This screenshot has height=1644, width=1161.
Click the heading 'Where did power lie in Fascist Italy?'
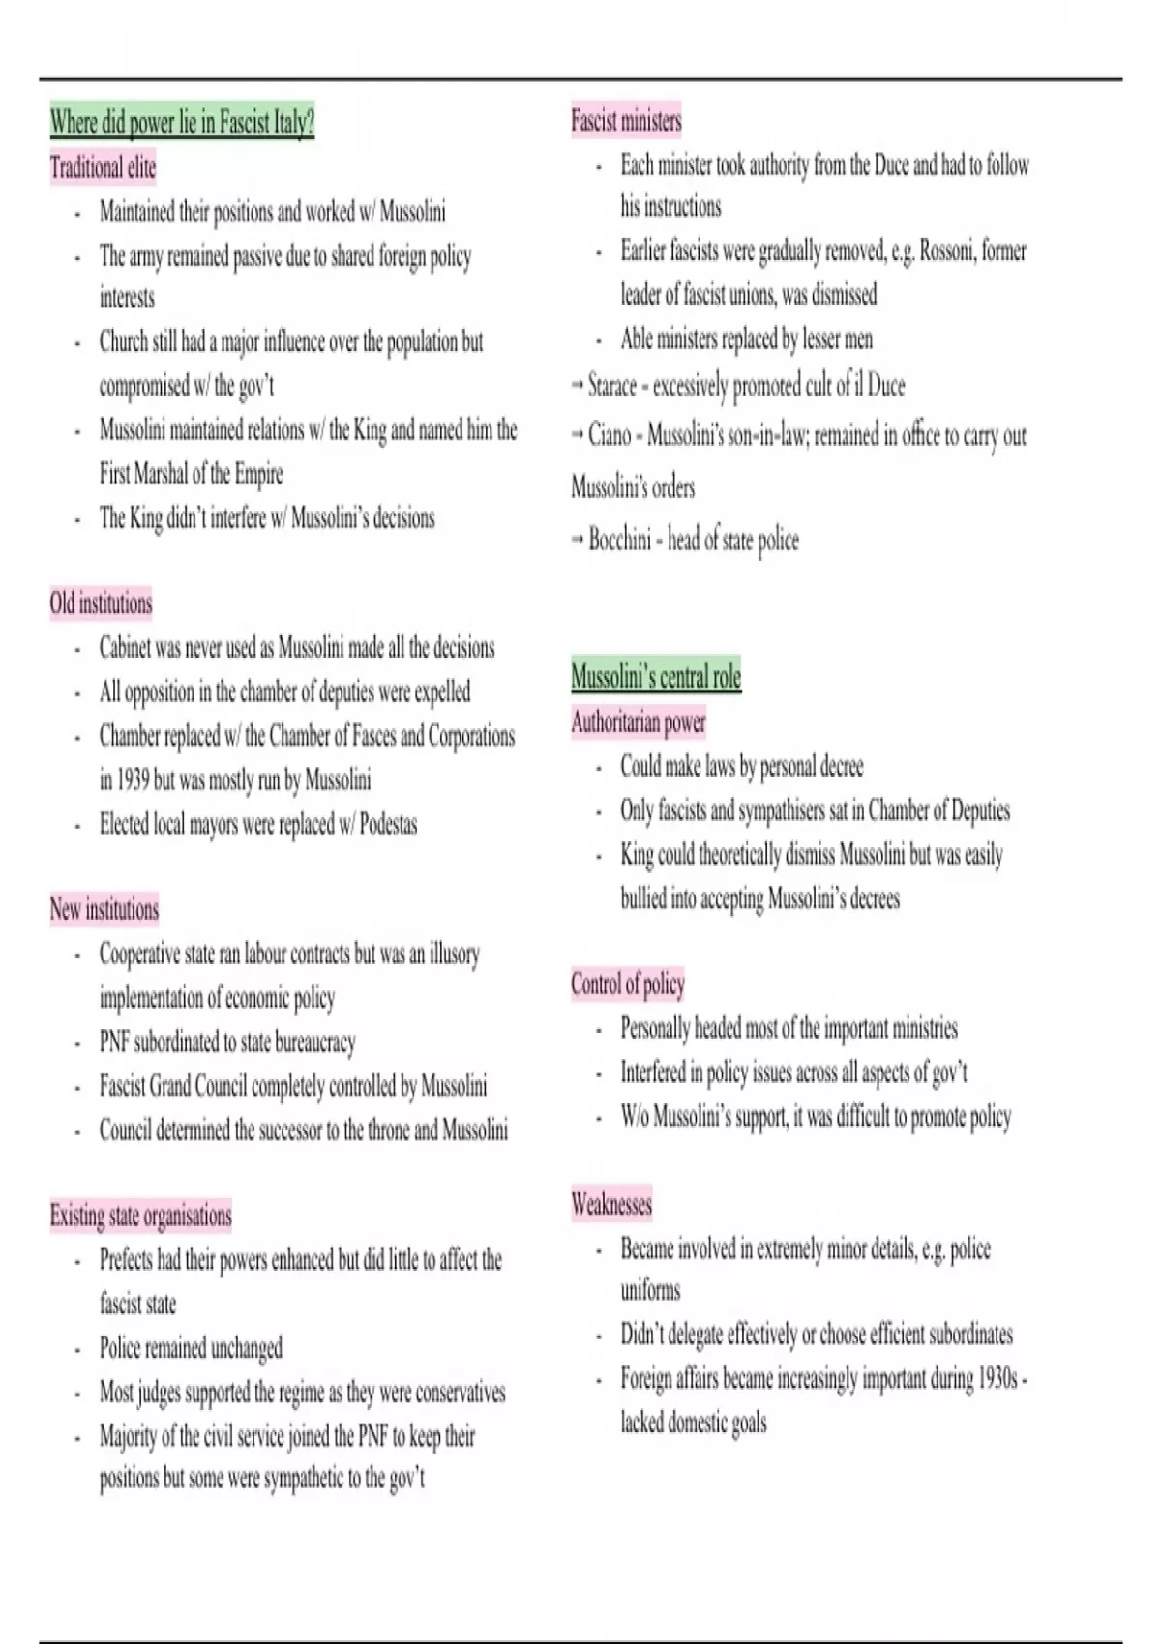(x=182, y=124)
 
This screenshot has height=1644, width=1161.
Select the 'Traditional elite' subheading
(x=103, y=168)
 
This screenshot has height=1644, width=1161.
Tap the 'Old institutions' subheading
(x=101, y=603)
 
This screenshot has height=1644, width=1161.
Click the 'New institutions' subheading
(x=104, y=910)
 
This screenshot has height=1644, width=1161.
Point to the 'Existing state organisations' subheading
(x=141, y=1216)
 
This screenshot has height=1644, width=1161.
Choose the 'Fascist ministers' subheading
(x=626, y=121)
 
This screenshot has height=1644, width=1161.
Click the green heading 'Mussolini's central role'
(x=656, y=676)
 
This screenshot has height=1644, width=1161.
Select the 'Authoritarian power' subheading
(x=639, y=721)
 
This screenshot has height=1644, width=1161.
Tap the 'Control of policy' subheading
(x=628, y=983)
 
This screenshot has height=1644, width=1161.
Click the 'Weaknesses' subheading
(x=611, y=1204)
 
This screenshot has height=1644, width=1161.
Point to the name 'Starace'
(x=612, y=386)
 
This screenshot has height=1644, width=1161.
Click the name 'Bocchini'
(x=619, y=539)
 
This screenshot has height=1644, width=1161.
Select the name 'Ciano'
(x=610, y=435)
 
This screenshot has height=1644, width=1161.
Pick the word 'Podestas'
(x=388, y=825)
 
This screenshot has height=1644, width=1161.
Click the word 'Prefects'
(x=126, y=1260)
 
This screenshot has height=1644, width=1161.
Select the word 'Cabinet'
(x=126, y=648)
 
